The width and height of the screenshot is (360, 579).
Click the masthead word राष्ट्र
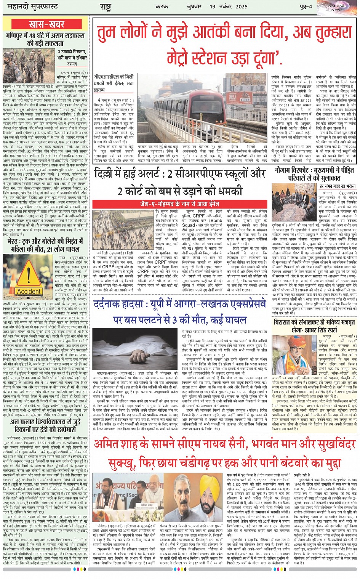coord(105,6)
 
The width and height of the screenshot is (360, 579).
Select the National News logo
coord(336,7)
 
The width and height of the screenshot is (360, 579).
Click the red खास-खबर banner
coord(46,24)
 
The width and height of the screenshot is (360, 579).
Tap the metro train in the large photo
coord(213,111)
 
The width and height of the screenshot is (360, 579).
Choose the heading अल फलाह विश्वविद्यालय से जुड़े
coord(46,426)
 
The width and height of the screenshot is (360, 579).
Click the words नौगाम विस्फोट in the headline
coord(293,170)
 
